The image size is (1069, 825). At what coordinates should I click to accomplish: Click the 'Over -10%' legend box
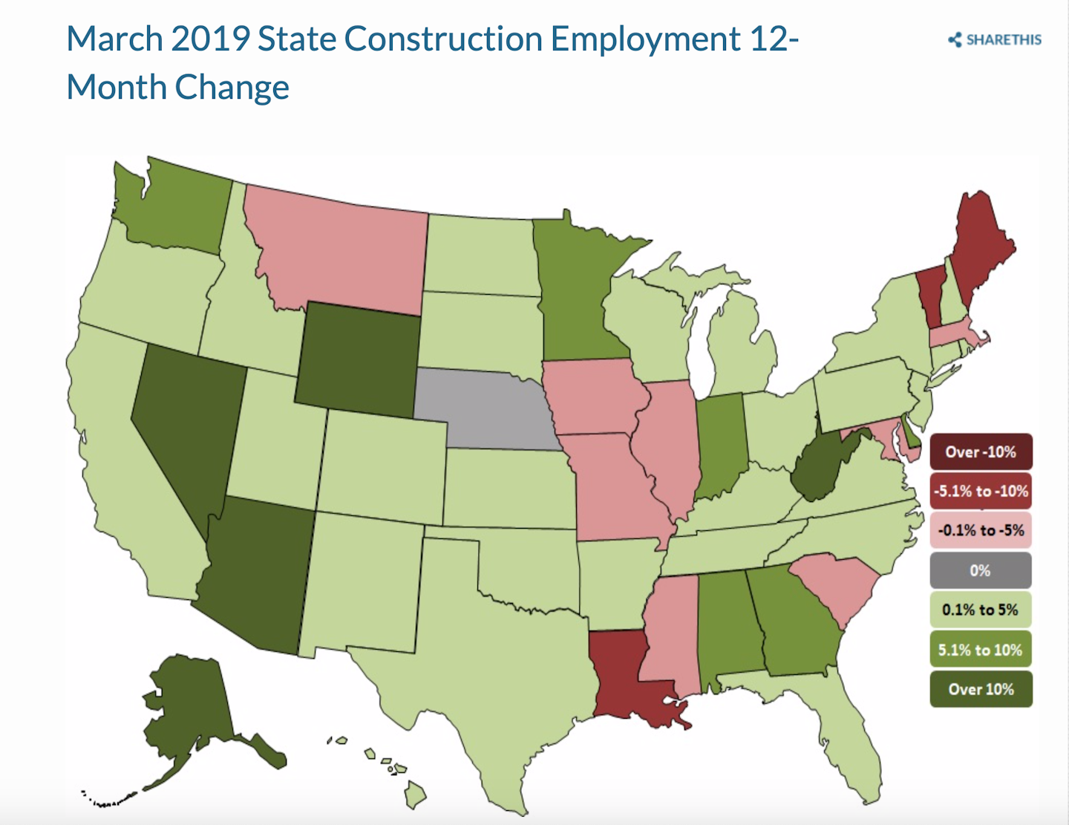[980, 451]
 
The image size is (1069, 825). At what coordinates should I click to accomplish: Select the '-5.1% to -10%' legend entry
[980, 491]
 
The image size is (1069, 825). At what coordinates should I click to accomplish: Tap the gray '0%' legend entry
[980, 570]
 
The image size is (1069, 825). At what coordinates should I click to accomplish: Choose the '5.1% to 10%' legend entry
[980, 650]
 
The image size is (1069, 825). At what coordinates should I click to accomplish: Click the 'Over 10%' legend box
[980, 689]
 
